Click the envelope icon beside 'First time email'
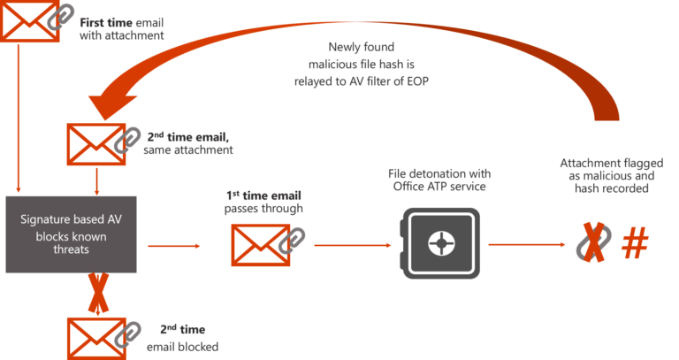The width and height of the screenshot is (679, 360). [x=26, y=21]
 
